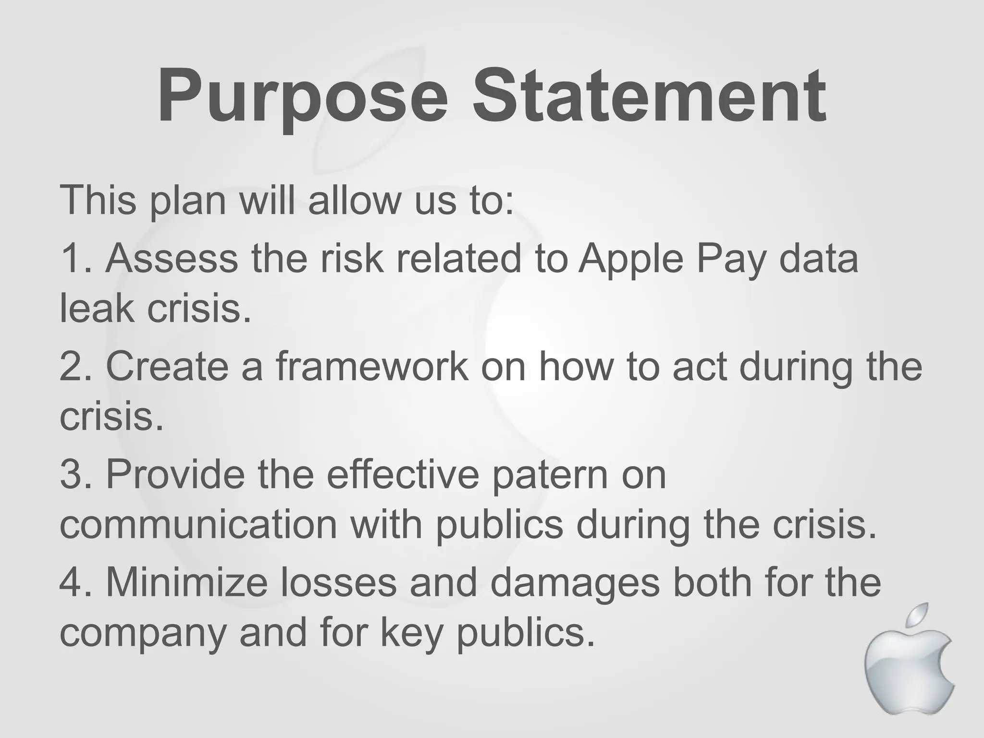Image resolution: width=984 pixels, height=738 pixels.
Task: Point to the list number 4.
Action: (x=72, y=582)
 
